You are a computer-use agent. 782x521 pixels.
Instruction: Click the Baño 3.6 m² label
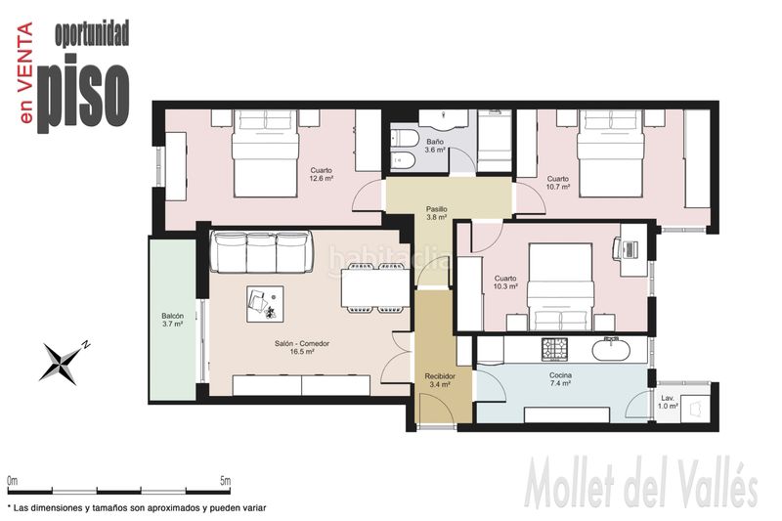434,146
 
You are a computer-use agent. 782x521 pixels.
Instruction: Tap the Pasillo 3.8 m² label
436,213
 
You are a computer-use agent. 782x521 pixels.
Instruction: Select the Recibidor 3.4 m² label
439,380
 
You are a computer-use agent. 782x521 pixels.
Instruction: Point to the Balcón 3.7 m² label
173,320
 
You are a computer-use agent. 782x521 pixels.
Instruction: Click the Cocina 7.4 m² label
560,379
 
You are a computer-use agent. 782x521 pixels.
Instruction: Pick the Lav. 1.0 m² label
668,402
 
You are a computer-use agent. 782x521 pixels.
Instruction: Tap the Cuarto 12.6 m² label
322,174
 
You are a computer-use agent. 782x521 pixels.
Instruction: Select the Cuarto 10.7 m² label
557,183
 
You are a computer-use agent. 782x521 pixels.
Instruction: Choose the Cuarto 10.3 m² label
505,282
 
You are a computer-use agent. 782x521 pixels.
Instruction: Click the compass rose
64,362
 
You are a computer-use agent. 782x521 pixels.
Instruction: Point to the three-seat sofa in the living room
262,251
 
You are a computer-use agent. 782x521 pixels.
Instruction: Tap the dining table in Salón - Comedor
375,288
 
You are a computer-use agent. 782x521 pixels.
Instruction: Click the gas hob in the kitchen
554,349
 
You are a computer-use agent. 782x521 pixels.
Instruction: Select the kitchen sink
611,349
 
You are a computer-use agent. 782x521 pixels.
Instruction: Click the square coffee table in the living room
265,304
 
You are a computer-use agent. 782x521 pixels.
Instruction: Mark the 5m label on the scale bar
225,481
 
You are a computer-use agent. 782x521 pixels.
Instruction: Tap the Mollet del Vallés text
641,484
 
